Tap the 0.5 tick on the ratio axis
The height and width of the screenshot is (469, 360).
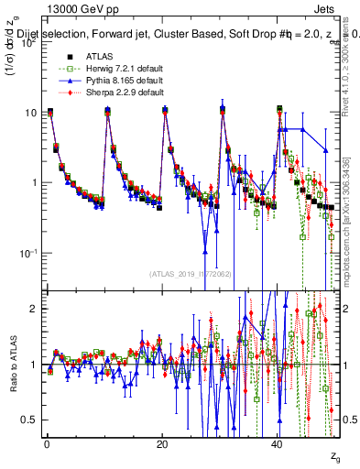coord(30,420)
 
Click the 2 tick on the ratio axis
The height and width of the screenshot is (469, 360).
coord(35,309)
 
